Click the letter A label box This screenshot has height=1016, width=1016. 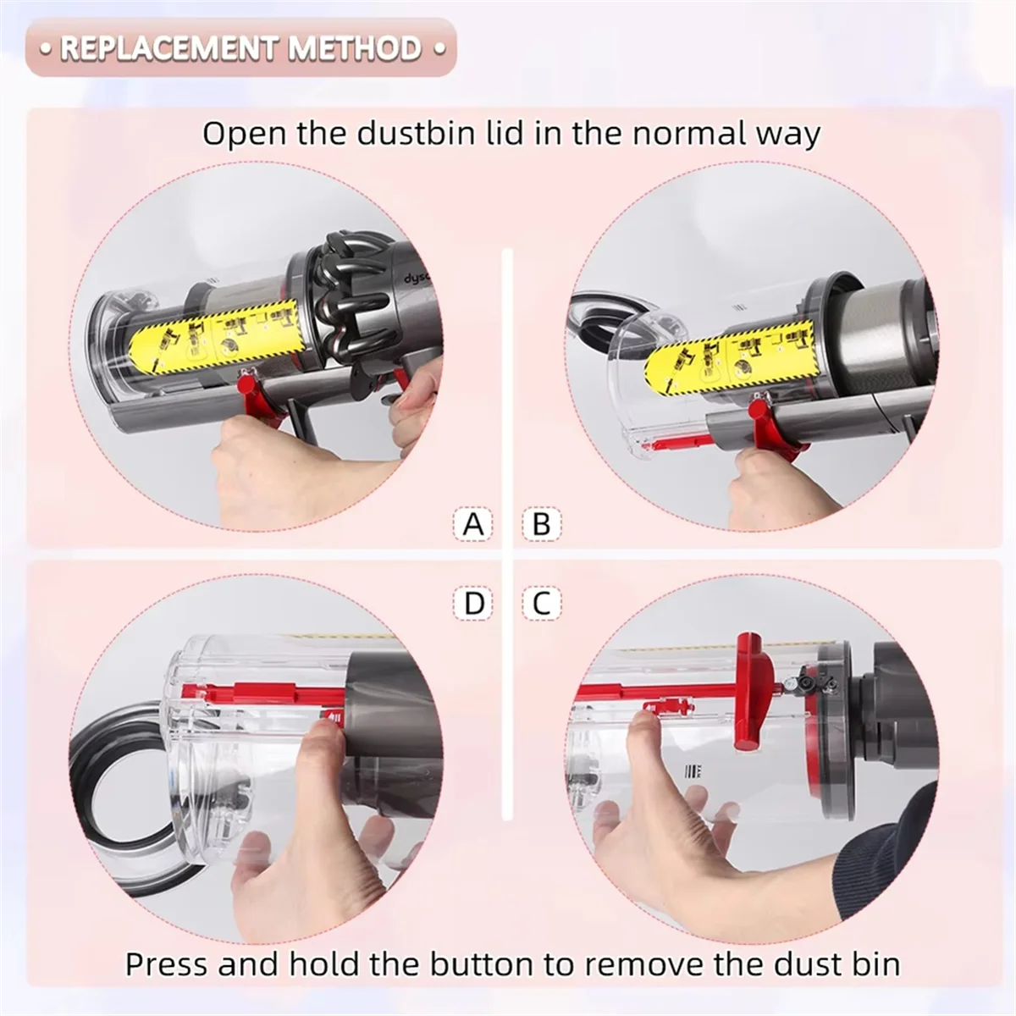tap(473, 524)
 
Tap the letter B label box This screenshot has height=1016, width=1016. tap(542, 524)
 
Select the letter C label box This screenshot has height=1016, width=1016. tap(542, 603)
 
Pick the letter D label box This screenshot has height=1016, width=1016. tap(474, 603)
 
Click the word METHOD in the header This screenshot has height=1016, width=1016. tap(354, 48)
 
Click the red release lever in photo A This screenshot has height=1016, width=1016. tap(254, 398)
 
